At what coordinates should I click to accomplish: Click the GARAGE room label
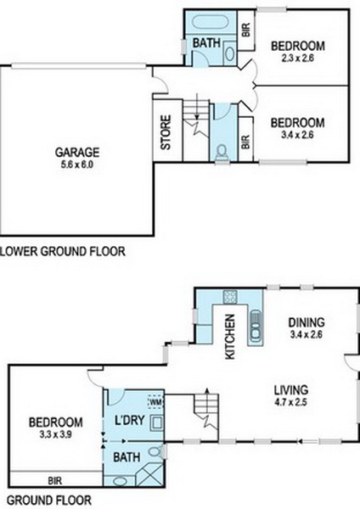77,152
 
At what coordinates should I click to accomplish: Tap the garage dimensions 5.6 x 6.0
77,165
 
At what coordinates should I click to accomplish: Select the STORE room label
166,132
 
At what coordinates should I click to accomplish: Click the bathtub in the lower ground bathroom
211,24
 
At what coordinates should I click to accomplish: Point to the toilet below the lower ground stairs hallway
222,152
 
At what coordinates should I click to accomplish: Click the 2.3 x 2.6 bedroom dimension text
298,59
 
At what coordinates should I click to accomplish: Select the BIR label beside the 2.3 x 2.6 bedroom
246,30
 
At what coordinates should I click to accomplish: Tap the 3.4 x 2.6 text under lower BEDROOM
297,135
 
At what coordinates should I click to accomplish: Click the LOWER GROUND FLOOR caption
62,252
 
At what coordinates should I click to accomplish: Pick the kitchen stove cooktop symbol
230,297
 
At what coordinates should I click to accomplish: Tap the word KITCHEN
230,337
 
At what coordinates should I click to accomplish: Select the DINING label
307,322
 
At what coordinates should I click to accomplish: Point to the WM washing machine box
156,401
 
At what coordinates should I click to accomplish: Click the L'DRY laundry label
130,420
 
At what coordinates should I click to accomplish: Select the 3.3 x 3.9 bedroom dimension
55,434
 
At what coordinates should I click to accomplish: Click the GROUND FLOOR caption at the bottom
49,500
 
